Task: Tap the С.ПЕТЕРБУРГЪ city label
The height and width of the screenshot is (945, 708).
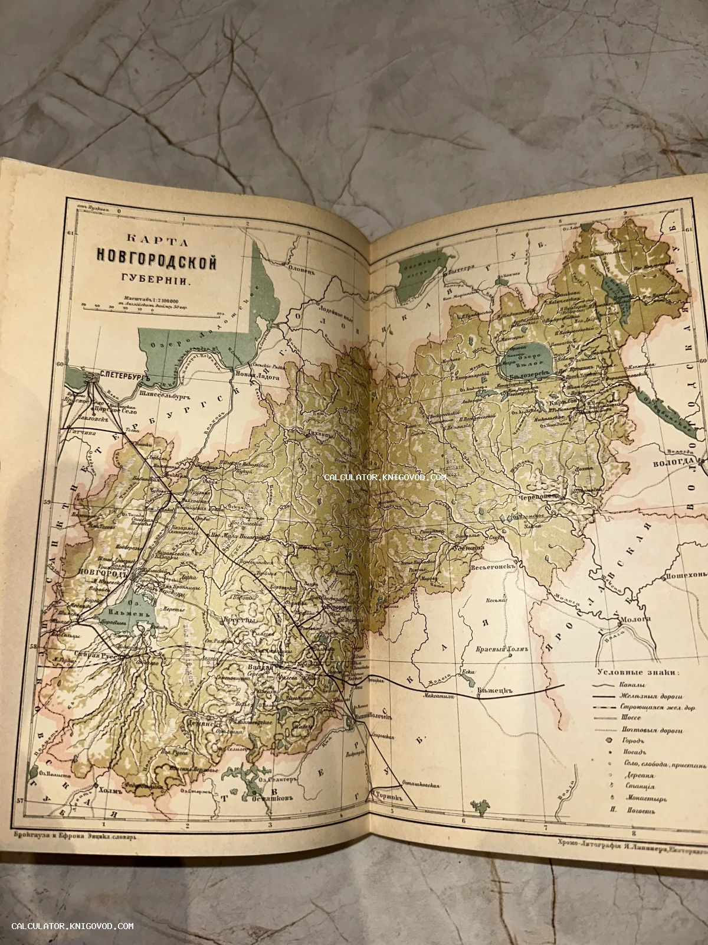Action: point(118,375)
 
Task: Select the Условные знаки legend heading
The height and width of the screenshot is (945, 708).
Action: point(638,672)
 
